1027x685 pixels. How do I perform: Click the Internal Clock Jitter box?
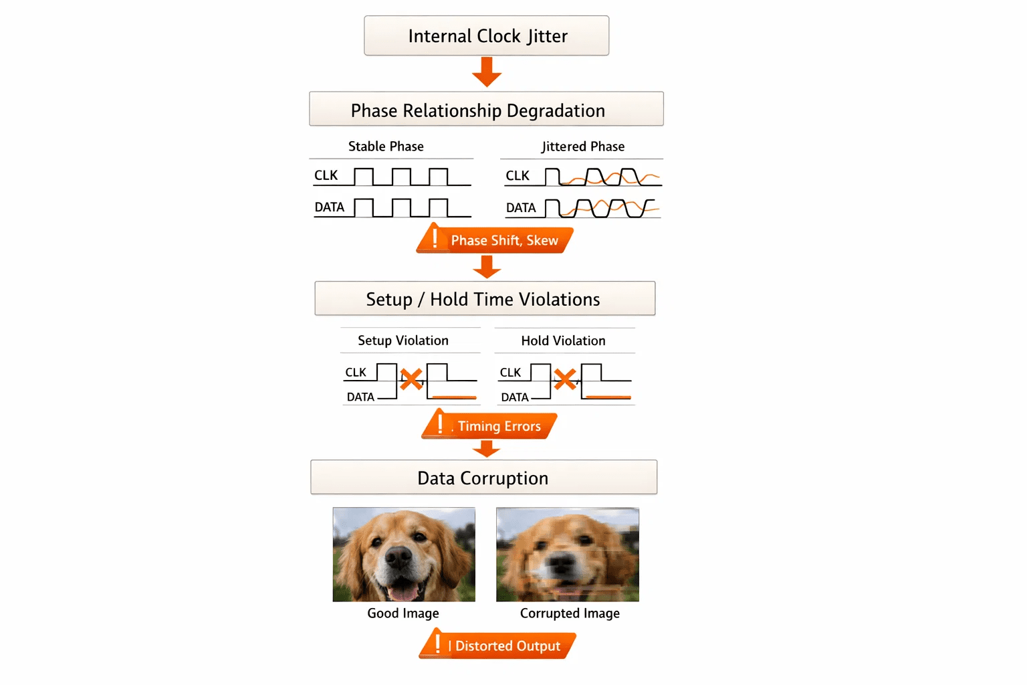tap(487, 35)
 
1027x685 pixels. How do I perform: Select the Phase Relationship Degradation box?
tap(487, 109)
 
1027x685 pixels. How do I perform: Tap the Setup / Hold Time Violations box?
tap(485, 298)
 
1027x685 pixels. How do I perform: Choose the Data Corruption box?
tap(483, 477)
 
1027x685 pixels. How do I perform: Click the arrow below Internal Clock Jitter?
tap(487, 72)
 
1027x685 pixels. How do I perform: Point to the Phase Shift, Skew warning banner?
tap(495, 239)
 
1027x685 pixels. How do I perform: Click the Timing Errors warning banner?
tap(489, 424)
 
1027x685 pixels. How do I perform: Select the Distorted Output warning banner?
tap(497, 644)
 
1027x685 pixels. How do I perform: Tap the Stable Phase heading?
tap(386, 146)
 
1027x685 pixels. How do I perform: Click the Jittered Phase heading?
tap(583, 146)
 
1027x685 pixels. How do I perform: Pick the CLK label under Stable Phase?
tap(326, 175)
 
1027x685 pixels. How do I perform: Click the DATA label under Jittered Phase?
tap(521, 208)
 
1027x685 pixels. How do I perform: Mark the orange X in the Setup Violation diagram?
tap(411, 379)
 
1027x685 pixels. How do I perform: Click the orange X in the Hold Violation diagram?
tap(565, 379)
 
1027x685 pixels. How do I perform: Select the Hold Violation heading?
tap(564, 340)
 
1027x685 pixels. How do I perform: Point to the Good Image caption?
tap(403, 613)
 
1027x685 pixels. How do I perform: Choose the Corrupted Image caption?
tap(570, 613)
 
